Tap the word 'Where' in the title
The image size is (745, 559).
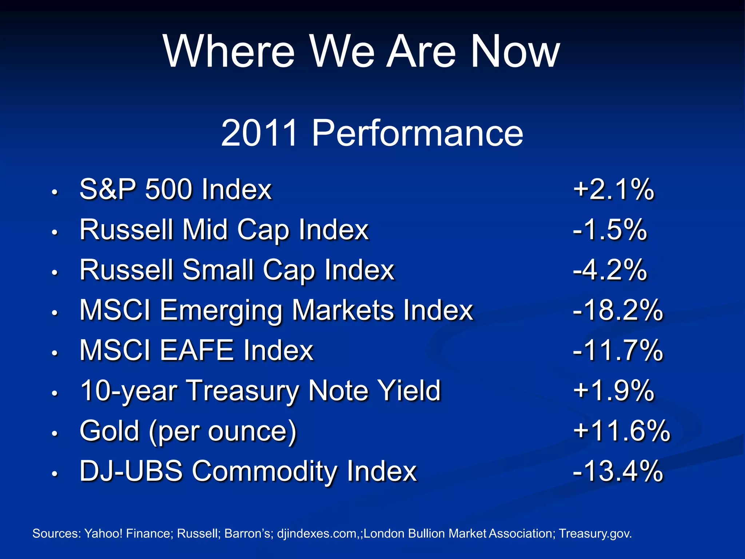[228, 52]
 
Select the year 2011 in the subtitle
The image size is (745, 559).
[260, 133]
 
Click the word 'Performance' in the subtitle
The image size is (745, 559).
[417, 133]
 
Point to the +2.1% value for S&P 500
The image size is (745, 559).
[613, 190]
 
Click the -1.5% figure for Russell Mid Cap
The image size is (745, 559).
[610, 230]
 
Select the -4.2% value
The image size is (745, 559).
[610, 270]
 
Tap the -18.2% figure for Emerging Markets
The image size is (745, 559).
[618, 310]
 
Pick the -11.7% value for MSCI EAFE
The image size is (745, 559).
[618, 350]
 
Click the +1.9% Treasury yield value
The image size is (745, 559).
[613, 391]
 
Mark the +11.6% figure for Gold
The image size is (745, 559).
[621, 431]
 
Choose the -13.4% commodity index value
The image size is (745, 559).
[618, 471]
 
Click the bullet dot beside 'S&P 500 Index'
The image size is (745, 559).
[55, 192]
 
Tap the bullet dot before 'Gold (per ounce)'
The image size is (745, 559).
[55, 433]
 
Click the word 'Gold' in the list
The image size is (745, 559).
[109, 431]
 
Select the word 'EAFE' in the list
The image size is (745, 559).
[196, 350]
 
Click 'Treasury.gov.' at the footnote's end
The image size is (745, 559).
[595, 534]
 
